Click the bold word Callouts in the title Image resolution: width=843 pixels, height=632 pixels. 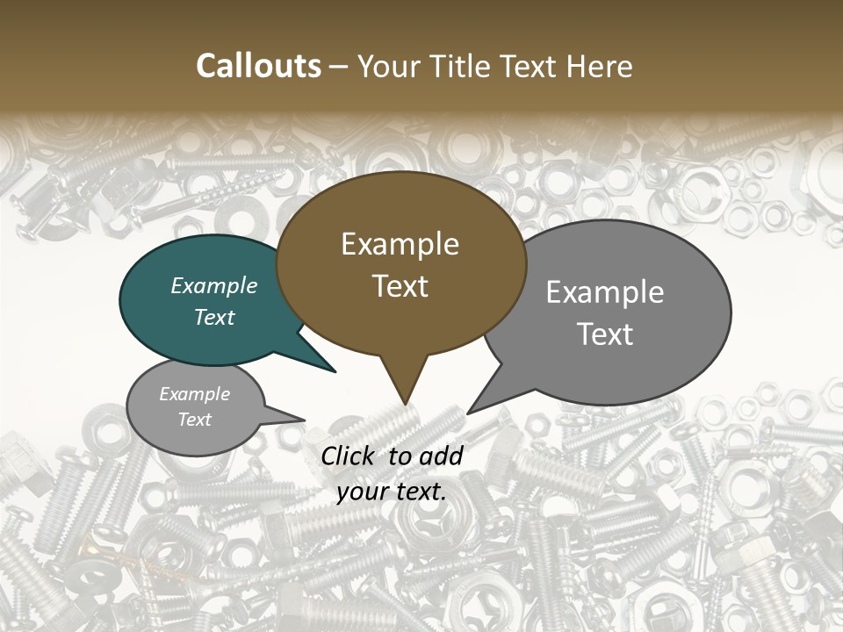click(x=258, y=66)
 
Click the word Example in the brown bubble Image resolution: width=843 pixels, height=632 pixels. click(x=400, y=244)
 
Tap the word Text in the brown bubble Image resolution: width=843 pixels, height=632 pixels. click(x=400, y=286)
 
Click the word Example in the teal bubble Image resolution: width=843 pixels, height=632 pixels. click(x=214, y=286)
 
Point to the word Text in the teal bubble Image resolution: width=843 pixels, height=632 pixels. click(x=214, y=317)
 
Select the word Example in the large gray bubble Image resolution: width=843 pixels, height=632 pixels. click(x=605, y=292)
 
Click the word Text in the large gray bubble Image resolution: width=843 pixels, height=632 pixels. click(x=605, y=334)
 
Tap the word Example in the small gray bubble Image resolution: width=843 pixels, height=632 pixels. click(x=195, y=394)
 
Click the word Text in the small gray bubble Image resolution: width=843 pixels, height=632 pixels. click(x=195, y=420)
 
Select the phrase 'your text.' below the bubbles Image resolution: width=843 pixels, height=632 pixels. click(x=392, y=492)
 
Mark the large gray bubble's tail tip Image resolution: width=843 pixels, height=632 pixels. click(x=468, y=413)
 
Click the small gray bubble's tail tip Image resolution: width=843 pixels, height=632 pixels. click(x=304, y=420)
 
